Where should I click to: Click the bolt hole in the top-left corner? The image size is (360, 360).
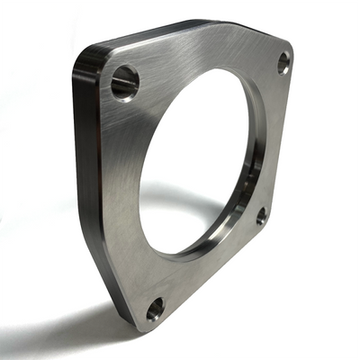coord(125,82)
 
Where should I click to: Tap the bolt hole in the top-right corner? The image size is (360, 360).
coord(283,63)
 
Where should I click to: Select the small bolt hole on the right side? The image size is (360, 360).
coord(261,215)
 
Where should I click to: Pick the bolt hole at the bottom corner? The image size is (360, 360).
coord(155,309)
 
